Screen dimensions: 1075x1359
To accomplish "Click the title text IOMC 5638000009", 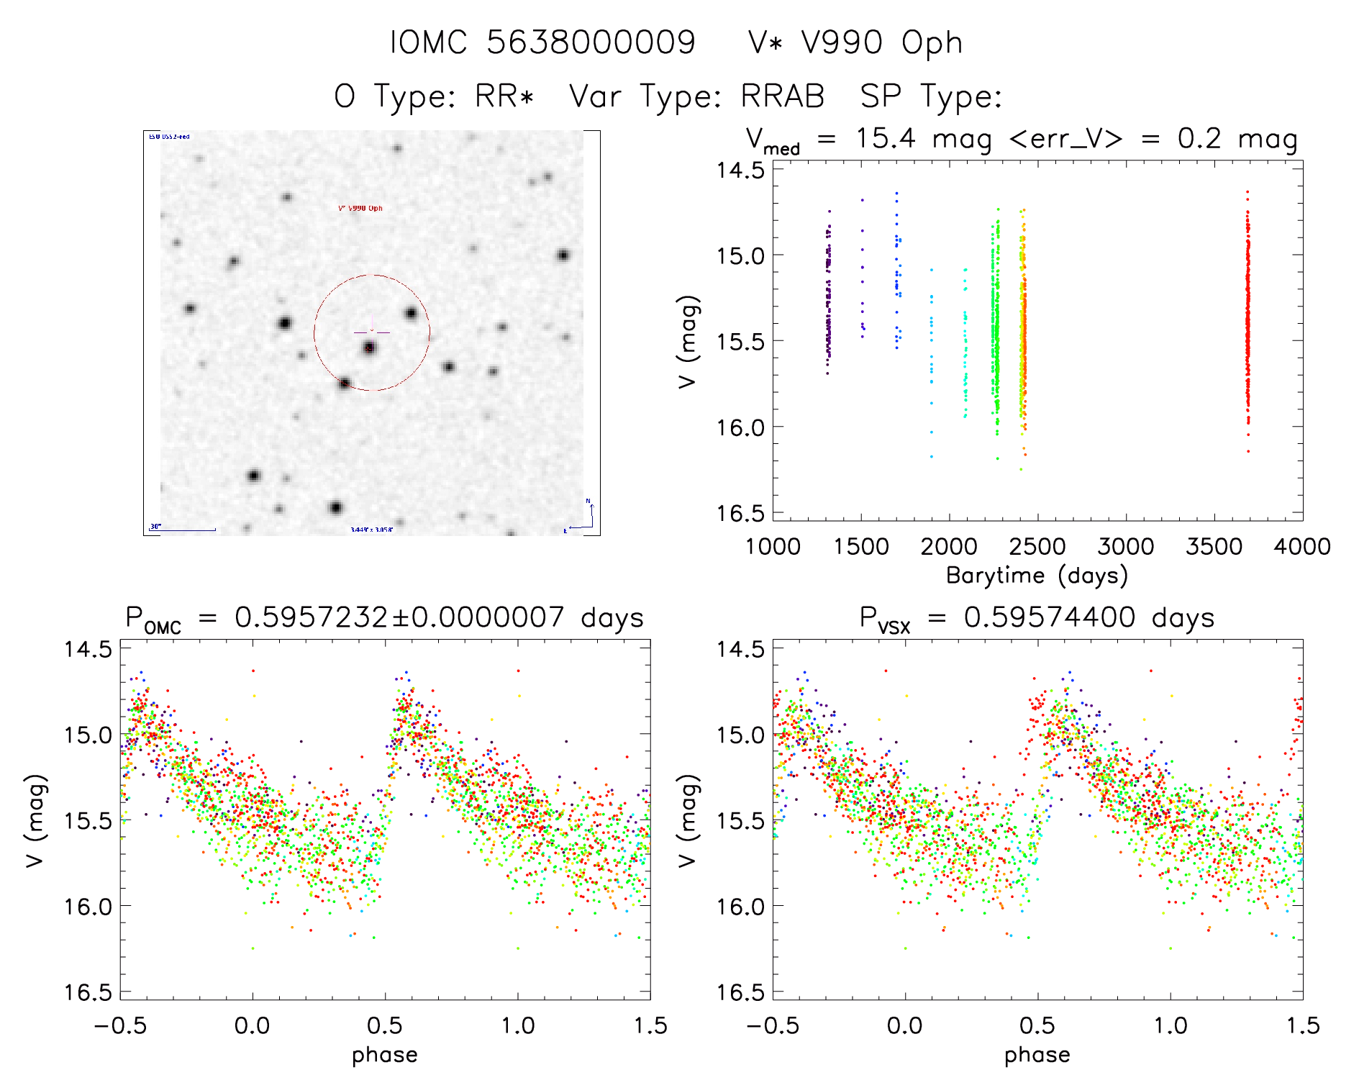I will pos(542,42).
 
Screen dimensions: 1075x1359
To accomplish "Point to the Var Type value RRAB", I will pos(782,96).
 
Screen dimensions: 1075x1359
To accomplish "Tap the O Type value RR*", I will pos(504,96).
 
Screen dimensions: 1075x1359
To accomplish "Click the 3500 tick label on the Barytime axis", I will pos(1214,547).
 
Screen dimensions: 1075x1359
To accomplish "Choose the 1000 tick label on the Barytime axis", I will pos(773,547).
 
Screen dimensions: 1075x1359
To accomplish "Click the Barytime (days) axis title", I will pos(1037,576).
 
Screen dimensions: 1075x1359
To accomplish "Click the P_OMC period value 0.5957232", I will pos(312,617).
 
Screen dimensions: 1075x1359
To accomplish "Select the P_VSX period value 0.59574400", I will pos(1050,617).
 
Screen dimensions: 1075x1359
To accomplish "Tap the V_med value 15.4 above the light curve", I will pos(886,138).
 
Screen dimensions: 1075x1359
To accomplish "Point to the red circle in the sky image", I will pos(429,332).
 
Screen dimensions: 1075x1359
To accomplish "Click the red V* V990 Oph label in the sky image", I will pos(360,209).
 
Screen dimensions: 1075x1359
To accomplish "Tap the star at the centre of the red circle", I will pos(370,348).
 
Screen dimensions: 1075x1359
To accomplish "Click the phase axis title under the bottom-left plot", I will pos(384,1055).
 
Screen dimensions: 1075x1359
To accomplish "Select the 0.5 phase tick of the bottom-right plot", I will pos(1037,1026).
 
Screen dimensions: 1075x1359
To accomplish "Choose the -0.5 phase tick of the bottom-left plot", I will pos(120,1026).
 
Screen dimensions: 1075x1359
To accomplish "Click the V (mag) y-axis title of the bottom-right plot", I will pos(687,820).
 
